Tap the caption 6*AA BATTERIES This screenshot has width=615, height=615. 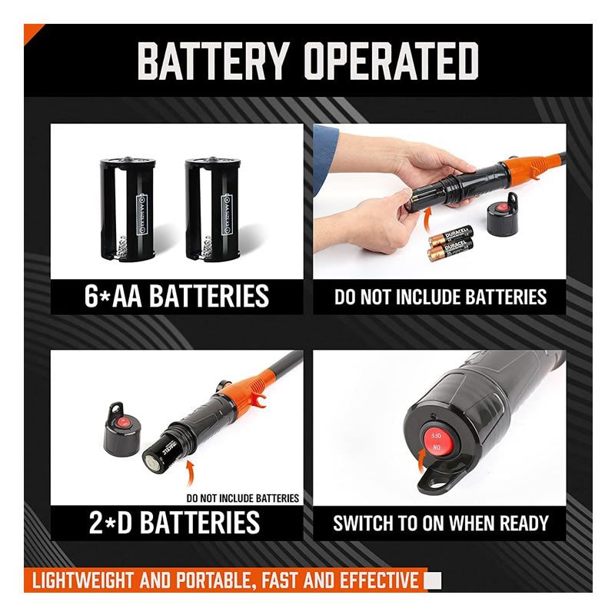[177, 295]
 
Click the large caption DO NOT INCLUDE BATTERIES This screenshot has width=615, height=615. [440, 297]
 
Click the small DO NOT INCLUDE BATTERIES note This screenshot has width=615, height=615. [242, 498]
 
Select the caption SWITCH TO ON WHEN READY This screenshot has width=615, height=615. [440, 524]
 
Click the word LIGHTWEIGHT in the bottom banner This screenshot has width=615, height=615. [84, 580]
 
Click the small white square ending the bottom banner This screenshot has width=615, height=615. [434, 580]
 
